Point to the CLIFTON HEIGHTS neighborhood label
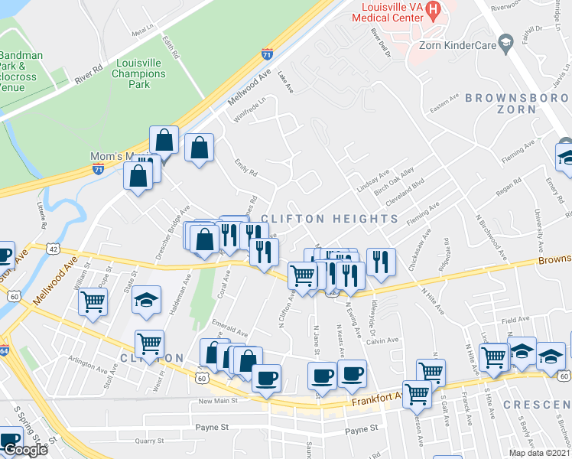[x=330, y=219]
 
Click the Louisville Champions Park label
[x=138, y=74]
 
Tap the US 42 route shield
[x=52, y=249]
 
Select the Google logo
[x=25, y=450]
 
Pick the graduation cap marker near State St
[x=146, y=299]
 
